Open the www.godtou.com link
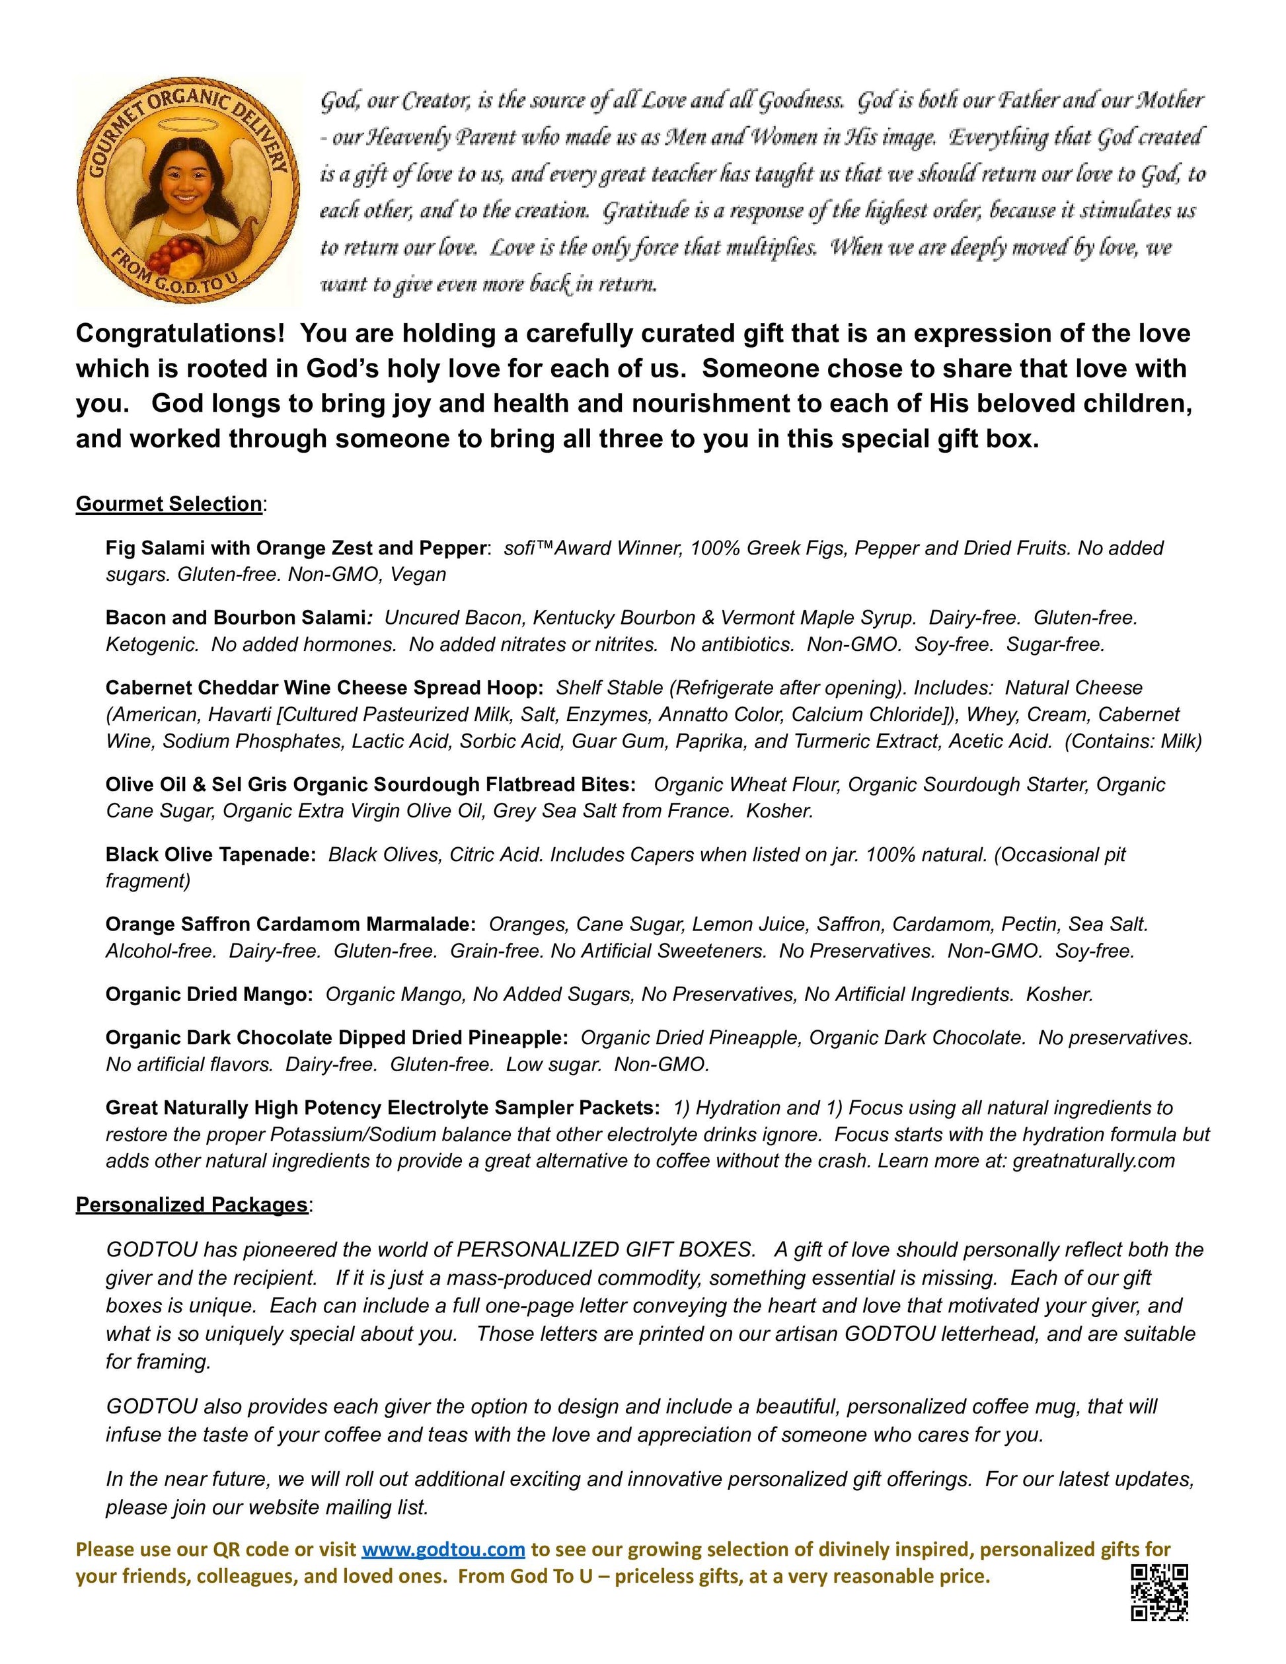point(443,1549)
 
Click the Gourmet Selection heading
point(169,504)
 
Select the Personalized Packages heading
point(192,1205)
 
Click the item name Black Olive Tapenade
point(210,855)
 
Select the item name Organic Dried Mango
point(209,995)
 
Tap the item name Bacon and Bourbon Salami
point(235,617)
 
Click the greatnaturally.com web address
point(1093,1161)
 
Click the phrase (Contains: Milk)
point(1133,741)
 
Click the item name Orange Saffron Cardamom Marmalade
point(290,925)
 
